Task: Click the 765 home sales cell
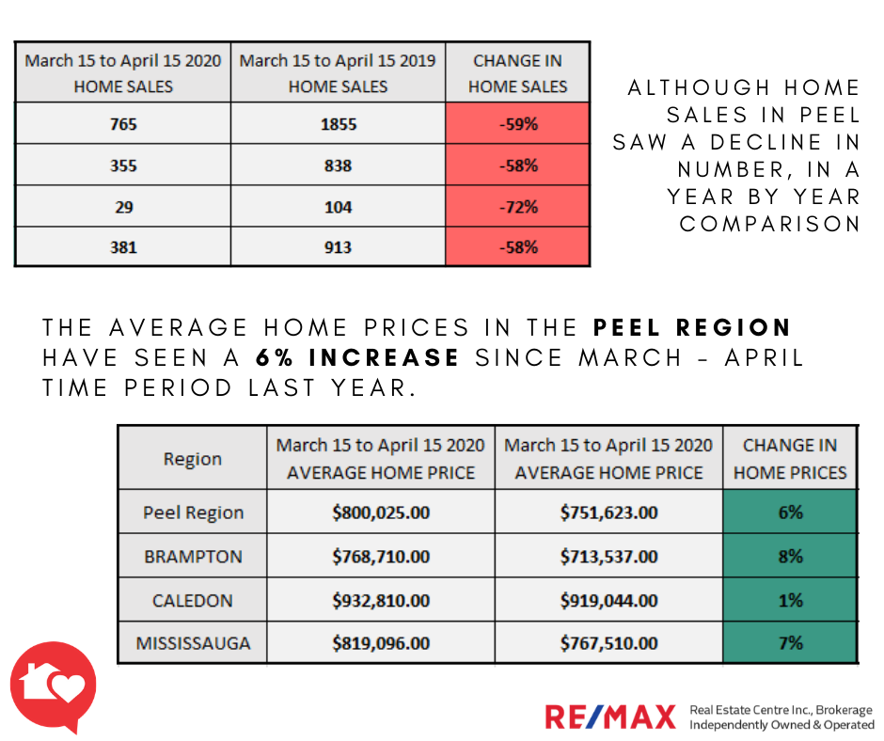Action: [x=123, y=124]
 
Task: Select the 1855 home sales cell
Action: [x=338, y=124]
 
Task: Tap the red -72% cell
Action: [x=518, y=206]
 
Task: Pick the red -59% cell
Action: [x=518, y=124]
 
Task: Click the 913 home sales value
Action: [x=338, y=247]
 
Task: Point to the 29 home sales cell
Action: [x=123, y=206]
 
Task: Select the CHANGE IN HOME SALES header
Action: [x=518, y=73]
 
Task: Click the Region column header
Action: [x=193, y=459]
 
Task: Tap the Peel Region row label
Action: [x=193, y=512]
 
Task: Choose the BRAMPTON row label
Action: [x=193, y=557]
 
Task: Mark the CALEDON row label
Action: [x=193, y=600]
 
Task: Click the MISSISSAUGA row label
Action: [x=193, y=644]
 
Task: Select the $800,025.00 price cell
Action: [x=381, y=512]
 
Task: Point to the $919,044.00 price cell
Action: [x=608, y=600]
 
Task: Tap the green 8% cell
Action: [x=790, y=557]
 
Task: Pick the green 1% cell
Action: [x=790, y=600]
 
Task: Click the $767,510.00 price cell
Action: [x=608, y=644]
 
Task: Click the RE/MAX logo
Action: [x=610, y=717]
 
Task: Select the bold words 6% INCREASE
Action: [x=357, y=358]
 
